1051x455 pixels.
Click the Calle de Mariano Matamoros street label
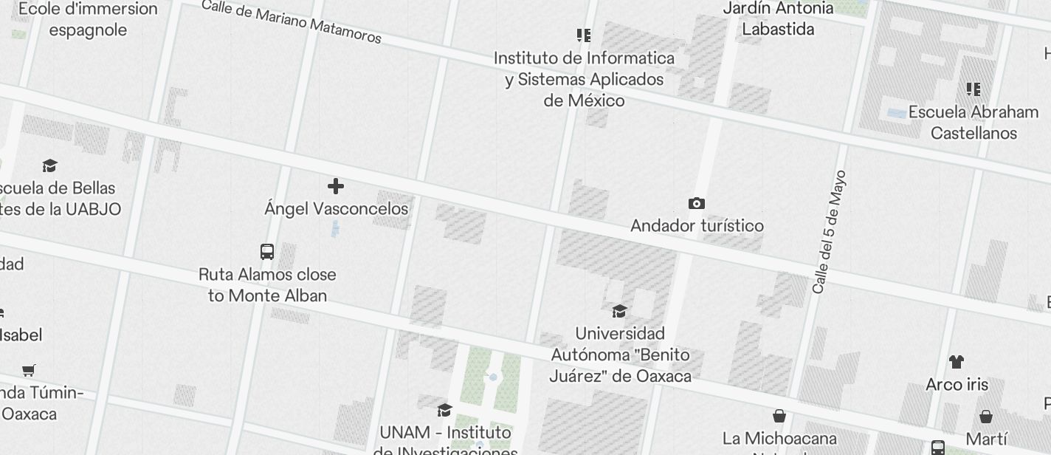point(291,21)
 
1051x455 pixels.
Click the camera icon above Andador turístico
point(696,203)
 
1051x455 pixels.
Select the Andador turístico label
point(697,225)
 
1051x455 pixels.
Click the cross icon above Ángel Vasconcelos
point(336,185)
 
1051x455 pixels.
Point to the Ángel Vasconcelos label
point(336,209)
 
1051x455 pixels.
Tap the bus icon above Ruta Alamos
point(267,252)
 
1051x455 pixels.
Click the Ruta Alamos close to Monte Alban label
point(267,285)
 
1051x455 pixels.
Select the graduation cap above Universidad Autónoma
point(619,311)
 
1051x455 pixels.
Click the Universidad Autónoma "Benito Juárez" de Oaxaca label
point(620,355)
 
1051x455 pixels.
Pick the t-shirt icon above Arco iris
point(957,362)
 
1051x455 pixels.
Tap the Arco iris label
point(957,385)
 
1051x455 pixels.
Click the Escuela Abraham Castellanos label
point(974,123)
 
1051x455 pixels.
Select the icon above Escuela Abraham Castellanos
point(974,89)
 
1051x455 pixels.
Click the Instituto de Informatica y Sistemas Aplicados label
point(584,79)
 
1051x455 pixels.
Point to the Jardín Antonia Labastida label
point(779,18)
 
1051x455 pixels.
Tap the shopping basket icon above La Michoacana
point(779,417)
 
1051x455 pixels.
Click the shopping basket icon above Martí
point(986,417)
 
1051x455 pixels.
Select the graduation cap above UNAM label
point(444,410)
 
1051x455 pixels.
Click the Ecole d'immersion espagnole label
point(88,19)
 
